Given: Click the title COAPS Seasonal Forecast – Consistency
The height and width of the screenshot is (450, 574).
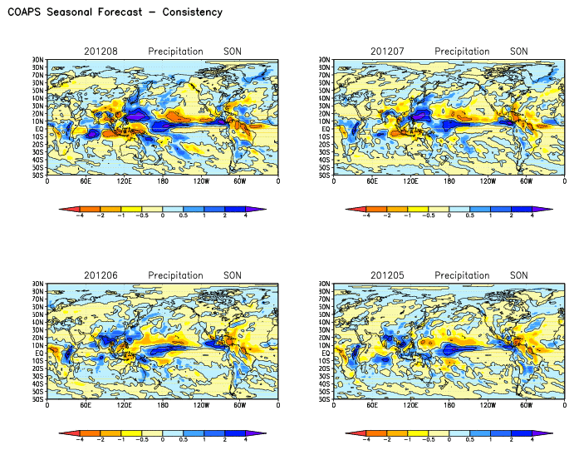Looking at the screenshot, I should pos(115,12).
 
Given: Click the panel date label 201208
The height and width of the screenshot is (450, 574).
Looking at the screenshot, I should pos(101,52).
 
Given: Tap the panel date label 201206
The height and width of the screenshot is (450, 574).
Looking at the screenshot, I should pos(101,275).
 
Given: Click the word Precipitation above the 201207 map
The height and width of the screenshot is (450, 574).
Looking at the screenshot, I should pos(462,52).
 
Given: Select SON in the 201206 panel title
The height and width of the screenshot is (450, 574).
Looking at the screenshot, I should pos(233,275).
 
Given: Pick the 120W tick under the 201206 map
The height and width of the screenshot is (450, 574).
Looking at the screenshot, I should pos(201,405).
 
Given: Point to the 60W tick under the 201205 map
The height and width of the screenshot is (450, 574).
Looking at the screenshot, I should pos(526,405).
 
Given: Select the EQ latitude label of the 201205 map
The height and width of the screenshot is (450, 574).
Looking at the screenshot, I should pos(326,352).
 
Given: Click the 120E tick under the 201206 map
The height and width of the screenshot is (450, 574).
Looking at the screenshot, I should pos(124,405).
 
